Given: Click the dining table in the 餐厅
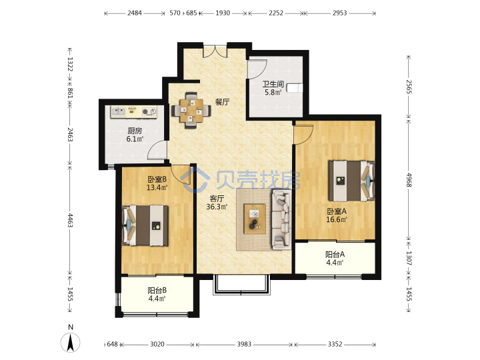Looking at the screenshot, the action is pos(191,110).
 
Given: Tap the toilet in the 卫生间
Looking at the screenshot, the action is pos(295,88).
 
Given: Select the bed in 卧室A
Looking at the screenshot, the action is pos(351,181).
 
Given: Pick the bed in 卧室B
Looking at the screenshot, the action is pos(145,225).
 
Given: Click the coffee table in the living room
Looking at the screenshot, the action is pos(255,219).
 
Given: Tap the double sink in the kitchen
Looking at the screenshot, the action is pos(118,111).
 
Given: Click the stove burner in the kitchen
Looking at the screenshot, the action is pos(149,112).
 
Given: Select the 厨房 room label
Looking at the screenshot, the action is pos(135,131).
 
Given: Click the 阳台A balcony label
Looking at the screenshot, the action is pos(335,254).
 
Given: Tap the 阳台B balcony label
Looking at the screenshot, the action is pos(157,290).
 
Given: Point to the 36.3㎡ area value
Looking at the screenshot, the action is pos(217,207).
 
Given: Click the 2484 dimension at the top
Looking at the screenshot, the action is pos(135,13).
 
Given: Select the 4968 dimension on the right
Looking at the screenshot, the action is pos(409,180).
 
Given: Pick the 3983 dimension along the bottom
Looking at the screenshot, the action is pos(244,345).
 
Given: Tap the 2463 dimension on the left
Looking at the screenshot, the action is pos(70,135).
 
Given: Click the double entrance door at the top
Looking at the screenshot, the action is pos(215,51).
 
